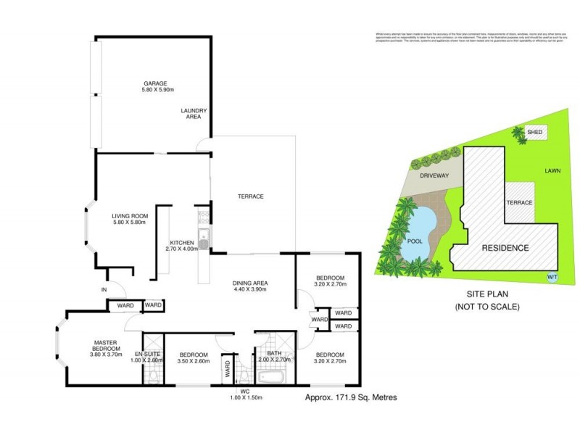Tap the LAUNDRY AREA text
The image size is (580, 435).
click(x=194, y=113)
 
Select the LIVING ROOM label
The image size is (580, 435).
click(x=130, y=215)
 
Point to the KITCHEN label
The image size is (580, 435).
click(x=181, y=242)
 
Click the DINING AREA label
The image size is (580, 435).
click(x=251, y=283)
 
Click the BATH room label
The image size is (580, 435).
click(x=273, y=354)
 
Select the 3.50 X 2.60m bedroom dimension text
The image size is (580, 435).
click(x=192, y=361)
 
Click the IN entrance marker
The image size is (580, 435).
click(x=104, y=290)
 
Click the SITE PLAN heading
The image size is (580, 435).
click(x=486, y=296)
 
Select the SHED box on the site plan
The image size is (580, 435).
click(x=535, y=133)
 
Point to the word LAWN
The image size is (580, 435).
click(x=554, y=172)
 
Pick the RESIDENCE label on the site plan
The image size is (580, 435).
click(x=505, y=248)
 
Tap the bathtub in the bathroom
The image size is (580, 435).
click(x=273, y=377)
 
